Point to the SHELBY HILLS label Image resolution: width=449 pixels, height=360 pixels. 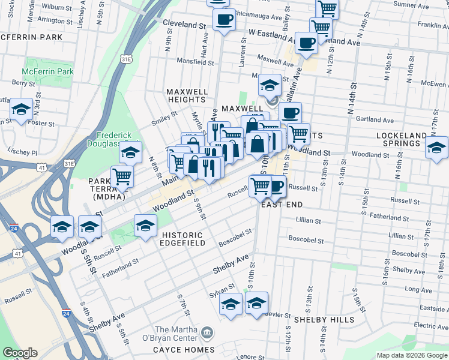329,320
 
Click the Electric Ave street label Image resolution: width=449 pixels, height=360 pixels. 432,326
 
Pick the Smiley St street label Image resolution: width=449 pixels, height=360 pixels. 164,114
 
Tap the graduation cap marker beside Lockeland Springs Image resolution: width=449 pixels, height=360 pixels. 437,147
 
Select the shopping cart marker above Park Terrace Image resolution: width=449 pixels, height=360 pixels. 122,176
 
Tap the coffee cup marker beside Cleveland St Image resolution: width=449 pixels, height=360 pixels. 224,19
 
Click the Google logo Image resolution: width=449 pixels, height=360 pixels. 20,353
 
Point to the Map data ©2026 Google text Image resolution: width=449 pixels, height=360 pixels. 411,355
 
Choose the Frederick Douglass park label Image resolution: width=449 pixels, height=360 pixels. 118,140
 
